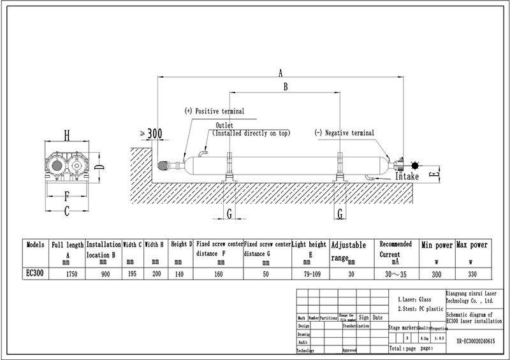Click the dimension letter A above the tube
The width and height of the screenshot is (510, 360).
click(280, 73)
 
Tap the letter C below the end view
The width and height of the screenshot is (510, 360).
click(66, 213)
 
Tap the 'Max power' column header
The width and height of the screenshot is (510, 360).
click(472, 245)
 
